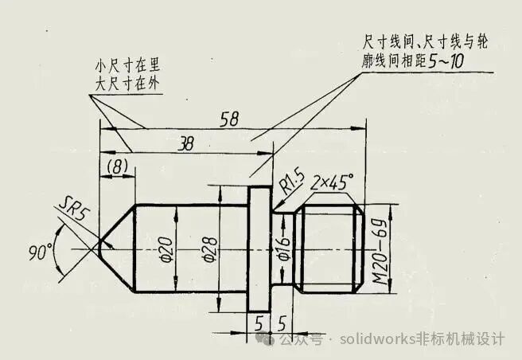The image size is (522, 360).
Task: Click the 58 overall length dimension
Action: click(x=229, y=119)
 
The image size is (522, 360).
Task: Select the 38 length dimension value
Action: click(x=185, y=143)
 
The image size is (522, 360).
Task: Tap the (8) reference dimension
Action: click(x=117, y=166)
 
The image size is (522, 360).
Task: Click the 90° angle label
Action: click(x=41, y=252)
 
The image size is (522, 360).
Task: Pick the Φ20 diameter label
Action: click(x=167, y=250)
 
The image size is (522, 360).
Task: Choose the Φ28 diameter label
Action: click(x=211, y=250)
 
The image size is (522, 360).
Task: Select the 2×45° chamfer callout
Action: click(x=332, y=182)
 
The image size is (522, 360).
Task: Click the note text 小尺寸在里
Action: click(x=127, y=65)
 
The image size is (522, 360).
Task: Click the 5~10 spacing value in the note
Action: click(x=446, y=61)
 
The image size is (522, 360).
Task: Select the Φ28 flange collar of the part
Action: click(x=259, y=249)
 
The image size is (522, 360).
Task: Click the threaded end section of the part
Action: click(x=330, y=248)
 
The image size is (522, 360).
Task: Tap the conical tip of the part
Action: click(x=116, y=248)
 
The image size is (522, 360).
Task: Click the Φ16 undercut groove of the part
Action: click(x=283, y=248)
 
